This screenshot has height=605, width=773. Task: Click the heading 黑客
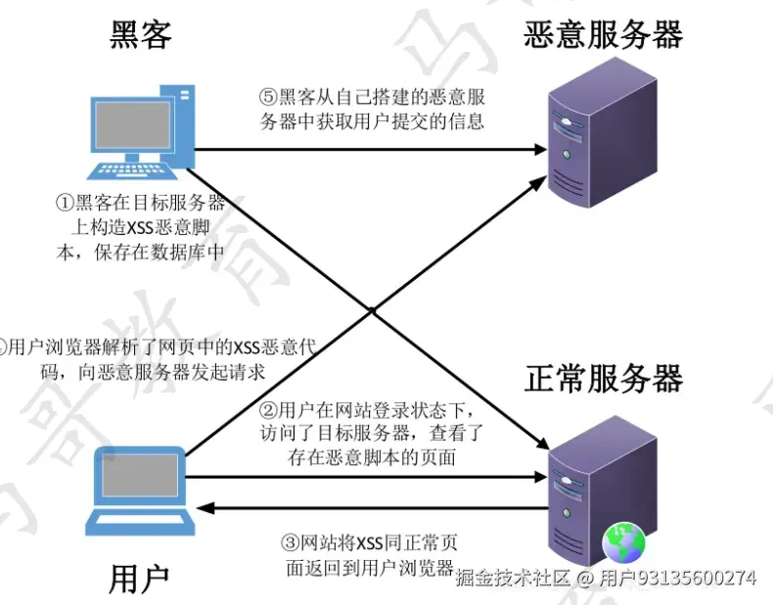[x=141, y=35]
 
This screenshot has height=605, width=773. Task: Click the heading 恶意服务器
[x=603, y=35]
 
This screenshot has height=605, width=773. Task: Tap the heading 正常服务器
[x=603, y=379]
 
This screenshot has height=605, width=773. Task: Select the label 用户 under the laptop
[x=140, y=578]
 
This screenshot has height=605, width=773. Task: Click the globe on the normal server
[x=621, y=540]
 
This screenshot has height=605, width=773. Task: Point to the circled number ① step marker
[x=64, y=204]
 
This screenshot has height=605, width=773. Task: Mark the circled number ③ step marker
[x=290, y=541]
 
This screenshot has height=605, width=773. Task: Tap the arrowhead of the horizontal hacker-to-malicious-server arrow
[x=538, y=150]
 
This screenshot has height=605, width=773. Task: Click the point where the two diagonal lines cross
[x=372, y=311]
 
